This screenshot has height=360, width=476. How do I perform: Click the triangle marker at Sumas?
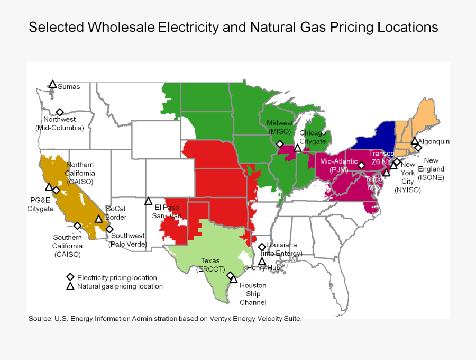[x=53, y=84]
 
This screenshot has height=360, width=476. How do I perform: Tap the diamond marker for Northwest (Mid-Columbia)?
[x=60, y=112]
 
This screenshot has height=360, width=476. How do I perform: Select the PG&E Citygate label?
[x=41, y=204]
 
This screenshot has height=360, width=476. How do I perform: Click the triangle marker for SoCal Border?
[x=98, y=219]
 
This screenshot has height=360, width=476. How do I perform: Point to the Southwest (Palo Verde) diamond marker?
[x=109, y=229]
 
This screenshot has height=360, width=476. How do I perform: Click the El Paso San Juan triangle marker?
[x=149, y=201]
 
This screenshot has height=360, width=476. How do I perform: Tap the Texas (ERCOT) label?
[x=210, y=265]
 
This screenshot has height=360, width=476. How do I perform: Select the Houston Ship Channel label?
[x=253, y=294]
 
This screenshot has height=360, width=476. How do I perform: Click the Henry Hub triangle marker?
[x=262, y=261]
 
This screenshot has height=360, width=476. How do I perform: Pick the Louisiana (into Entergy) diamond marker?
[x=262, y=247]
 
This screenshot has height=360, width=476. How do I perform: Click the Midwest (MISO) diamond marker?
[x=280, y=144]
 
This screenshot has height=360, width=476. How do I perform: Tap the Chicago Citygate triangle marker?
[x=298, y=148]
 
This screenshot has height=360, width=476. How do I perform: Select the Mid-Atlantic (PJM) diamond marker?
[x=361, y=165]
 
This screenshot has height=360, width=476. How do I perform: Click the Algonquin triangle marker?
[x=415, y=140]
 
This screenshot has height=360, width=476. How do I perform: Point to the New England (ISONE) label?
[x=432, y=169]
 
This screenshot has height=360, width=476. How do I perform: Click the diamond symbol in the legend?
[x=70, y=277]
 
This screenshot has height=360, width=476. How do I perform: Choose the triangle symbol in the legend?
[x=70, y=286]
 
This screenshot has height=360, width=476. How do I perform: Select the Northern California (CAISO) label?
[x=80, y=173]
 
